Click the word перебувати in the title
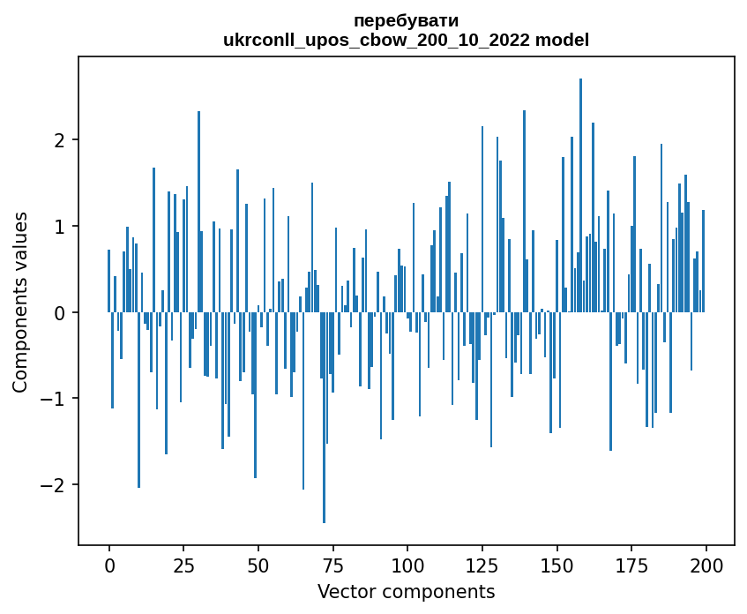[x=406, y=20]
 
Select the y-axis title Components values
[x=20, y=302]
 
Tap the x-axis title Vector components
[x=406, y=591]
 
